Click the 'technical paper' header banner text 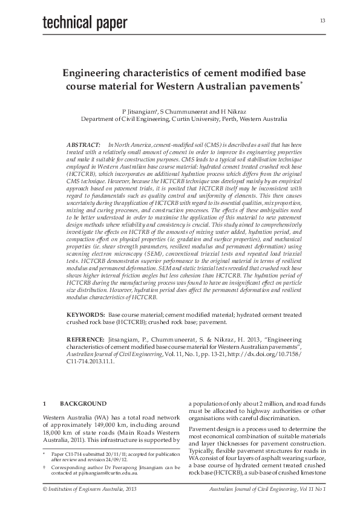pos(85,23)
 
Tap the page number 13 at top pos(322,21)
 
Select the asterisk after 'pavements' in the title pos(301,83)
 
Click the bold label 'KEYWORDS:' pos(85,316)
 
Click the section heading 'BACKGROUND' pos(82,403)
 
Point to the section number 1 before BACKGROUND pos(44,403)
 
